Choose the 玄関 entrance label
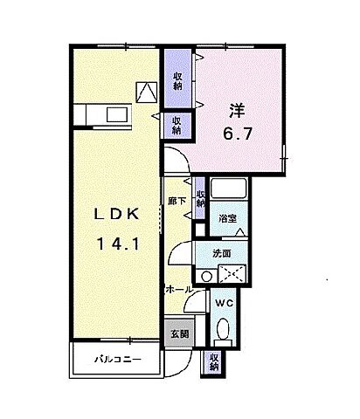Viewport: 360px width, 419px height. [x=178, y=333]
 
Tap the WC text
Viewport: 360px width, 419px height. [x=223, y=304]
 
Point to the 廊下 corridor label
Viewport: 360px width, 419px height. [x=174, y=202]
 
